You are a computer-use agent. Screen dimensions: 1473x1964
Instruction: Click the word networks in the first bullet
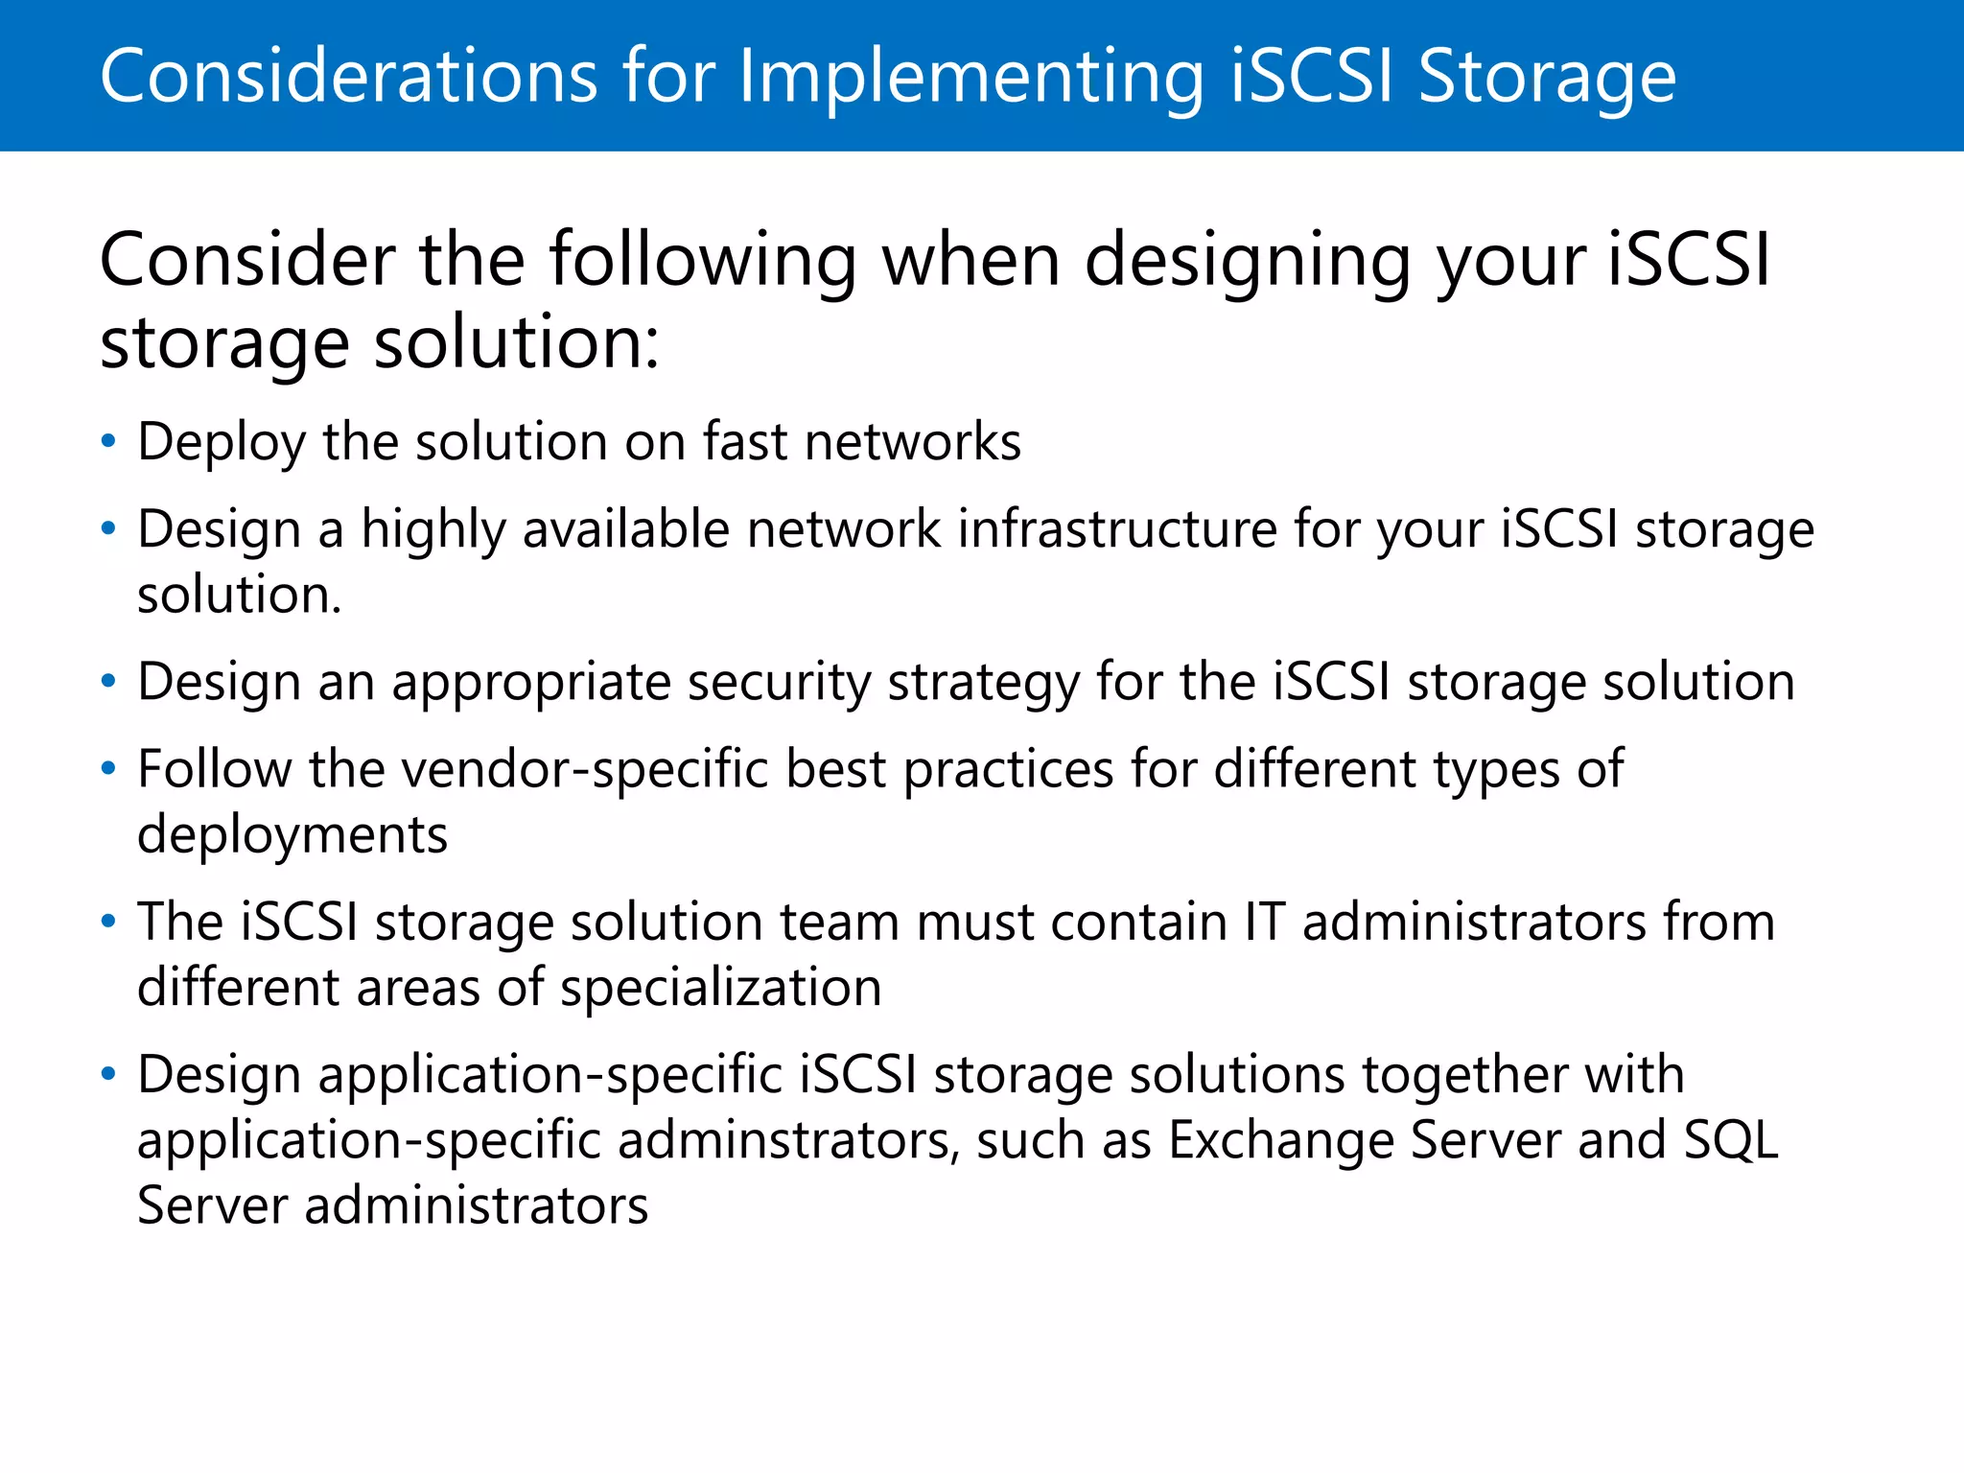coord(913,442)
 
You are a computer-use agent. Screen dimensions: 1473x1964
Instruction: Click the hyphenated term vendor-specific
coord(585,770)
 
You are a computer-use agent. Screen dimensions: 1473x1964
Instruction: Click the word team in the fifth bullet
coord(839,923)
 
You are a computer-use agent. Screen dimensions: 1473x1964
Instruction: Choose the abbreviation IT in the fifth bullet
coord(1264,923)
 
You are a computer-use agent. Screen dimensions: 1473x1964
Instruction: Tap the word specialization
coord(720,989)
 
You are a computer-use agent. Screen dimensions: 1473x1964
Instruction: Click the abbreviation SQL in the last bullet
coord(1731,1141)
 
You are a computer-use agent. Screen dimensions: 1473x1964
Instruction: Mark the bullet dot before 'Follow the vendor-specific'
coord(108,768)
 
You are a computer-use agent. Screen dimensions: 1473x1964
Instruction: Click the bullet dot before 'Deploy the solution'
coord(108,441)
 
